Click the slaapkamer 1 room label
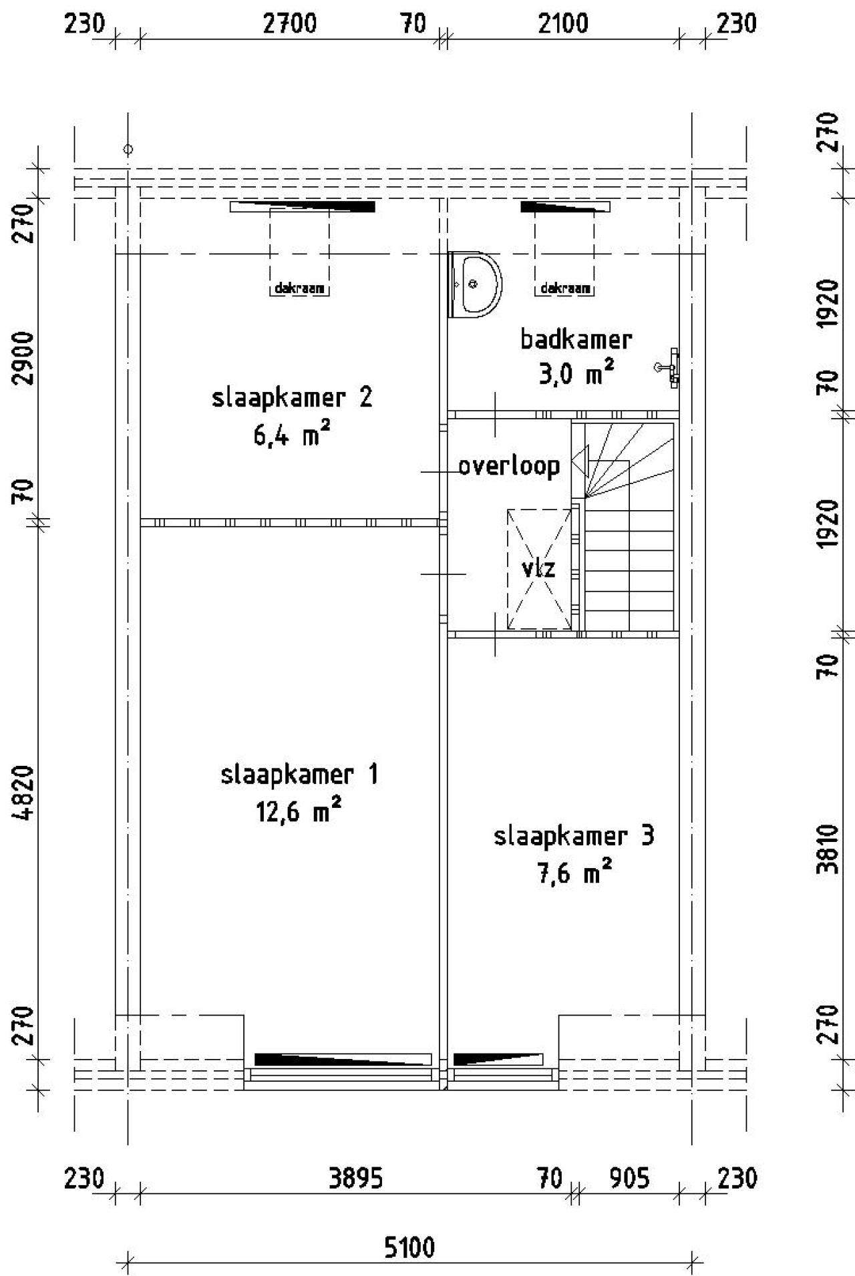[x=299, y=775]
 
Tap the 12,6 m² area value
[x=299, y=811]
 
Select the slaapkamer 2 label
[x=292, y=398]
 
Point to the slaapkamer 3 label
[x=574, y=836]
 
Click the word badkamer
[x=576, y=339]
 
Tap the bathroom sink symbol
[x=475, y=284]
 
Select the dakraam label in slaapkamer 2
[x=299, y=288]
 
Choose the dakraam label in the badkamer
[x=565, y=288]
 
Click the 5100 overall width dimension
[x=409, y=1246]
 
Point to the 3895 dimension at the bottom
[x=356, y=1179]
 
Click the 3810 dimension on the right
[x=828, y=849]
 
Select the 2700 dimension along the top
[x=290, y=24]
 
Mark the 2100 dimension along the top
[x=563, y=24]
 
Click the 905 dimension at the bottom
[x=629, y=1179]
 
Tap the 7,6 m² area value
[x=575, y=872]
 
